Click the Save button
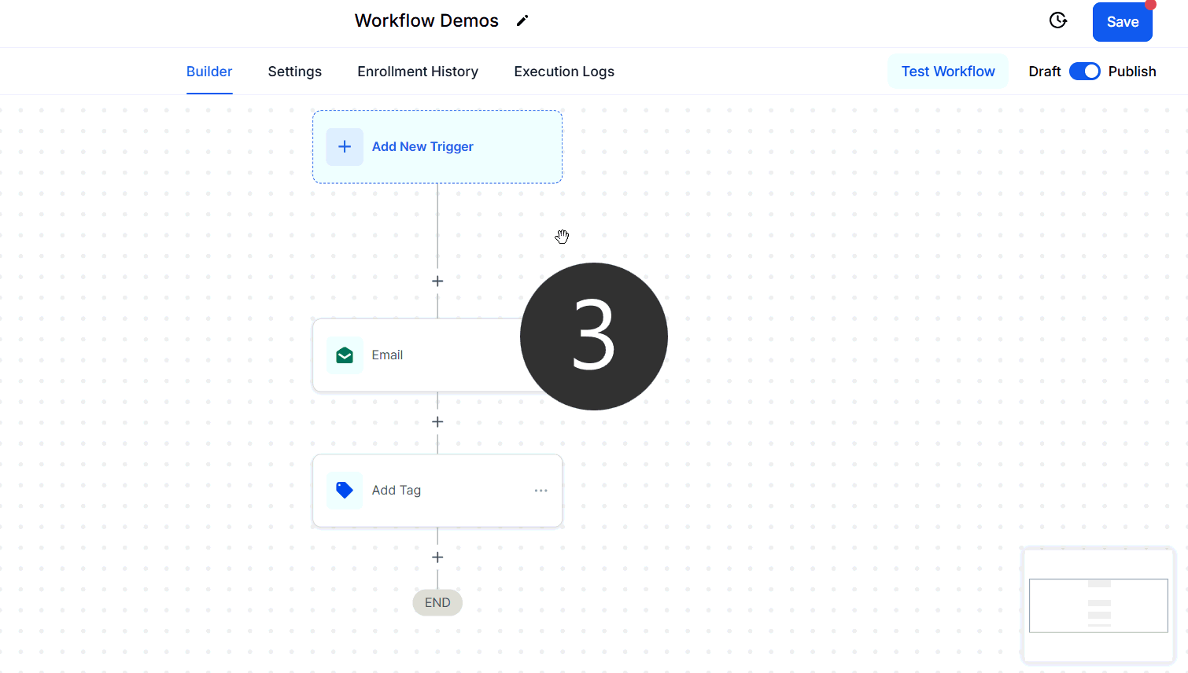[x=1122, y=22]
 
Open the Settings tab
[x=294, y=72]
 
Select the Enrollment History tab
[x=418, y=72]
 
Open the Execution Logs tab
[x=564, y=72]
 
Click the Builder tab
[x=209, y=72]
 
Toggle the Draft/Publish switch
[x=1085, y=72]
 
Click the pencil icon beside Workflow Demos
[x=522, y=20]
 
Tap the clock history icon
[x=1058, y=20]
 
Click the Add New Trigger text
[x=422, y=147]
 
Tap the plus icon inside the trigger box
[x=345, y=147]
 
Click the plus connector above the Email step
[x=437, y=281]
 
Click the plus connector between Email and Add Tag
[x=437, y=422]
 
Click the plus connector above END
[x=437, y=557]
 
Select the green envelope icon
[x=345, y=355]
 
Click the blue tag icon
[x=345, y=490]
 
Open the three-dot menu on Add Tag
[x=541, y=491]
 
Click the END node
[x=437, y=602]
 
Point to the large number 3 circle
[x=594, y=336]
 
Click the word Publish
[x=1132, y=72]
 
